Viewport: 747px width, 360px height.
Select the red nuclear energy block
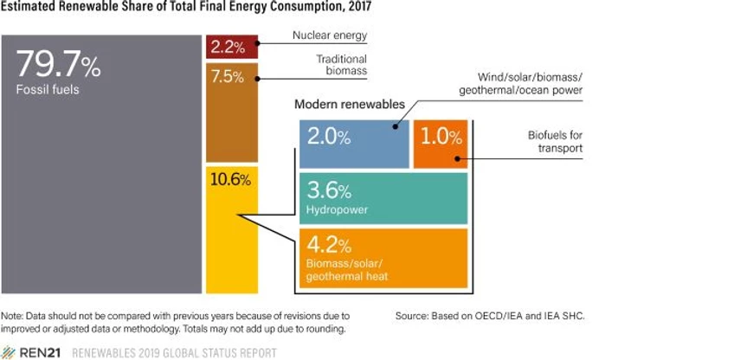pos(228,47)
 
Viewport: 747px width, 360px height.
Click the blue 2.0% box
pos(353,144)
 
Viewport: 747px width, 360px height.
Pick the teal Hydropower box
pos(383,198)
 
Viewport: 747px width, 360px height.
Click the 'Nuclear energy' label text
pos(331,35)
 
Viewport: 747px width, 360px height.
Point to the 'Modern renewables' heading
pos(349,104)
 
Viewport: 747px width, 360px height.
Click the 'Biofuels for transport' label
pos(555,142)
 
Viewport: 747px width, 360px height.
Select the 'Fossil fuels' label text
pos(48,88)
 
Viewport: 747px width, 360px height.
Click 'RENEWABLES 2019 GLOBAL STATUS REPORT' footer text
pos(174,353)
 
